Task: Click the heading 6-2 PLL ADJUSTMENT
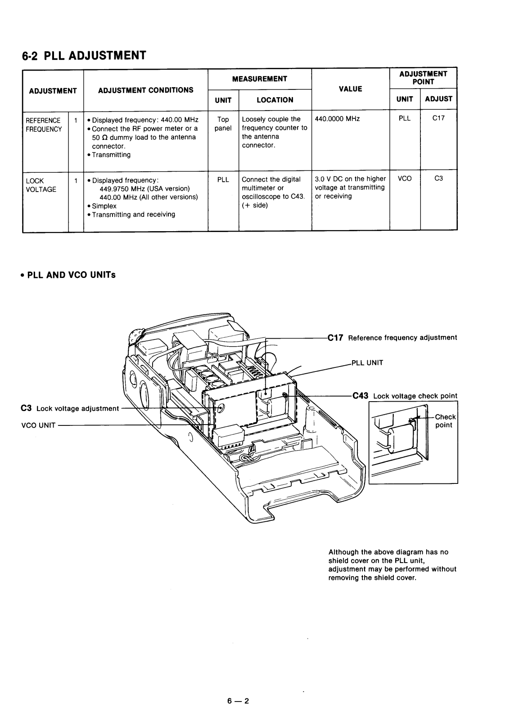84,56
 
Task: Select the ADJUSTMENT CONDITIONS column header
146,90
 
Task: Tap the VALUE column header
350,89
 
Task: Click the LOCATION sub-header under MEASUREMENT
275,100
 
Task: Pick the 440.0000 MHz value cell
337,119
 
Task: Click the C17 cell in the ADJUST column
438,118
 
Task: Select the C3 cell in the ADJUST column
438,179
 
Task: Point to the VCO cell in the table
405,179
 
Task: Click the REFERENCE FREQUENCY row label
44,125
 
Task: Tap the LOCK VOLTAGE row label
41,185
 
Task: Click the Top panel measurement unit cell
223,124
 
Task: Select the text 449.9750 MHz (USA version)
144,188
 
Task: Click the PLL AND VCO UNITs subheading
68,275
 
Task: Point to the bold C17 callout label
335,338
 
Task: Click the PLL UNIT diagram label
367,363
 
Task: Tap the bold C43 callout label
361,396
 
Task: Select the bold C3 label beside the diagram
27,408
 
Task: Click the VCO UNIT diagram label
38,425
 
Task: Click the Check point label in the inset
445,421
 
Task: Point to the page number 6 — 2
238,701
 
